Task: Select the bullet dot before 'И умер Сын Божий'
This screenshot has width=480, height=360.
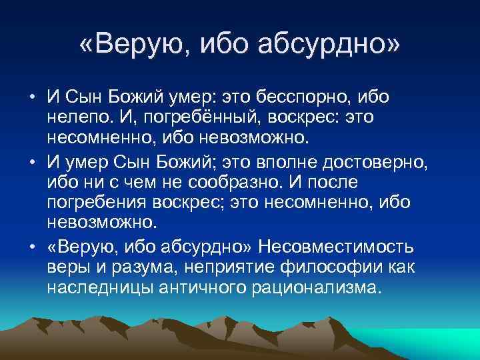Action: point(32,161)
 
